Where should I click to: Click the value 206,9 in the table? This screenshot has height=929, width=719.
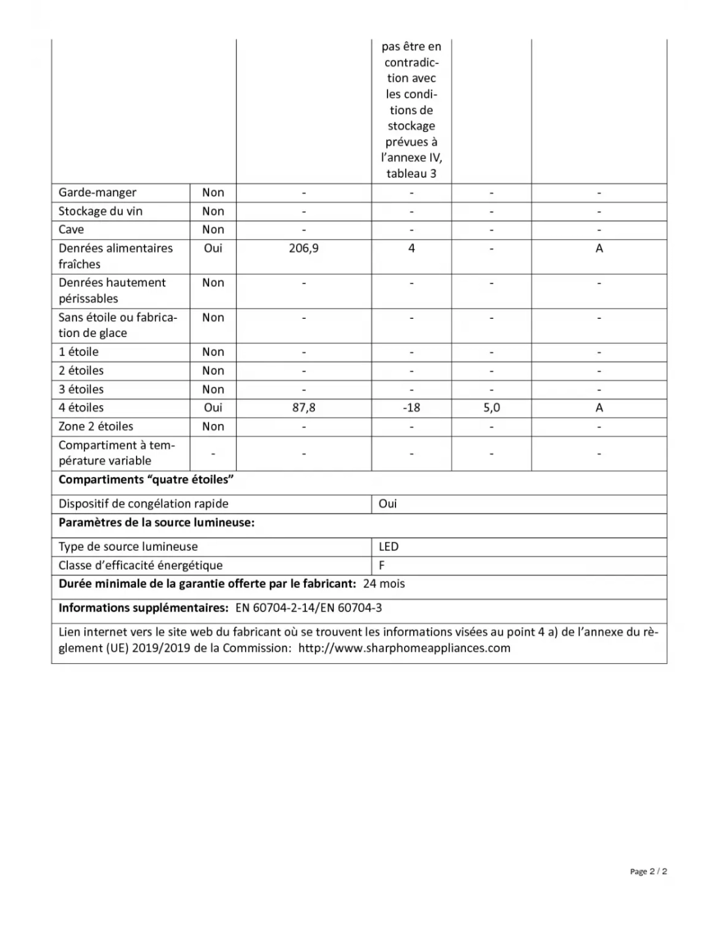coord(303,248)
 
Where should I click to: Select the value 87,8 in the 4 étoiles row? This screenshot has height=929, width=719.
coord(303,408)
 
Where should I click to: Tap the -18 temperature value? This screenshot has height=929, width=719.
coord(411,408)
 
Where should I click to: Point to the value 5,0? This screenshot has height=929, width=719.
coord(492,408)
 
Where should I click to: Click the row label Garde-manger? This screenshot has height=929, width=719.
coord(97,193)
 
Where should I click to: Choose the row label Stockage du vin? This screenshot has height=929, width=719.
coord(100,211)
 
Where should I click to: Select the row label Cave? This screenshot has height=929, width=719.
coord(71,229)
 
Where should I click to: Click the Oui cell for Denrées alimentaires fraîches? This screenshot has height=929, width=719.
coord(213,248)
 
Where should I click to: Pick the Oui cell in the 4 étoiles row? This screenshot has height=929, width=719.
coord(213,408)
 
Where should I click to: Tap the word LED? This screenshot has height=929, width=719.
coord(388,547)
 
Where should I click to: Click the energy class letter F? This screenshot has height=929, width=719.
coord(382,565)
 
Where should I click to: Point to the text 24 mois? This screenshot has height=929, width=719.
coord(384,583)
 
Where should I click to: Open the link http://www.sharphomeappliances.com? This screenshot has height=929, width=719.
coord(404,648)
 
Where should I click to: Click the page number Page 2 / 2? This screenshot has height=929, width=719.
coord(648,871)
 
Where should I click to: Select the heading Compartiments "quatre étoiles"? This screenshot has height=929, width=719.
coord(146,480)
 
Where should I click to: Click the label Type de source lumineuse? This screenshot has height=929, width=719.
coord(128,547)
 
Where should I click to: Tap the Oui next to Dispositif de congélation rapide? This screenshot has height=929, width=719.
coord(388,504)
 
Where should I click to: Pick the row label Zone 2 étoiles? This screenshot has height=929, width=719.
coord(95,426)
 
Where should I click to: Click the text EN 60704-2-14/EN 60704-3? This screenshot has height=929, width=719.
coord(309,608)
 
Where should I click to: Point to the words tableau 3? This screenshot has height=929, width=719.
coord(411,174)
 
